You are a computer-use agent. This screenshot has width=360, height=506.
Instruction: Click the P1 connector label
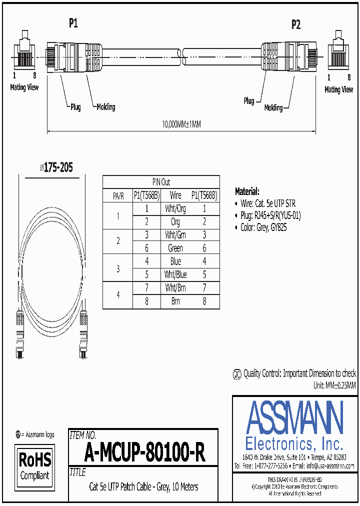coord(73,22)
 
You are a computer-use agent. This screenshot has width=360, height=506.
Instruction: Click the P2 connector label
coord(296,24)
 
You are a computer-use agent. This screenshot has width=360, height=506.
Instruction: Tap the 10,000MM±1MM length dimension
coord(182,125)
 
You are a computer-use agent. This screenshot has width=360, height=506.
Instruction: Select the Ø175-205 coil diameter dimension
coord(56,168)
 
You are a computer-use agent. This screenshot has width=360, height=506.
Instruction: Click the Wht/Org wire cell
coord(175,208)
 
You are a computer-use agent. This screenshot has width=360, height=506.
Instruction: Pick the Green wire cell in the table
coord(175,248)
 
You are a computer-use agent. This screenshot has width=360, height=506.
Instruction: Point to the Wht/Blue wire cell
coord(175,274)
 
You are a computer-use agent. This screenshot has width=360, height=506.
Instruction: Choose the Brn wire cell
coord(175,301)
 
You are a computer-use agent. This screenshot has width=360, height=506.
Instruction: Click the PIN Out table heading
coord(161,182)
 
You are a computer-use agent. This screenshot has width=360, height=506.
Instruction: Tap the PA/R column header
coord(118,195)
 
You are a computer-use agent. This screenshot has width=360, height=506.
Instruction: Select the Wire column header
coord(175,195)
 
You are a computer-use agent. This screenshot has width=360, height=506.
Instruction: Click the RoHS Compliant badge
coord(34,466)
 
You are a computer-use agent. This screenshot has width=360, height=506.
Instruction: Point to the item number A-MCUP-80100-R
coord(145,453)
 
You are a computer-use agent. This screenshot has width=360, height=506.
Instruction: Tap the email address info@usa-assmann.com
coord(330,465)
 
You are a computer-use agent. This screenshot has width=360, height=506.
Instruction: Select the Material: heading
coord(247,191)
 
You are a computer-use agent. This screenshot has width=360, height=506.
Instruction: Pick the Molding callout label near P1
coord(105,106)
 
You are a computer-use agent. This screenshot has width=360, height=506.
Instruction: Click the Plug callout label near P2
coord(248,101)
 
